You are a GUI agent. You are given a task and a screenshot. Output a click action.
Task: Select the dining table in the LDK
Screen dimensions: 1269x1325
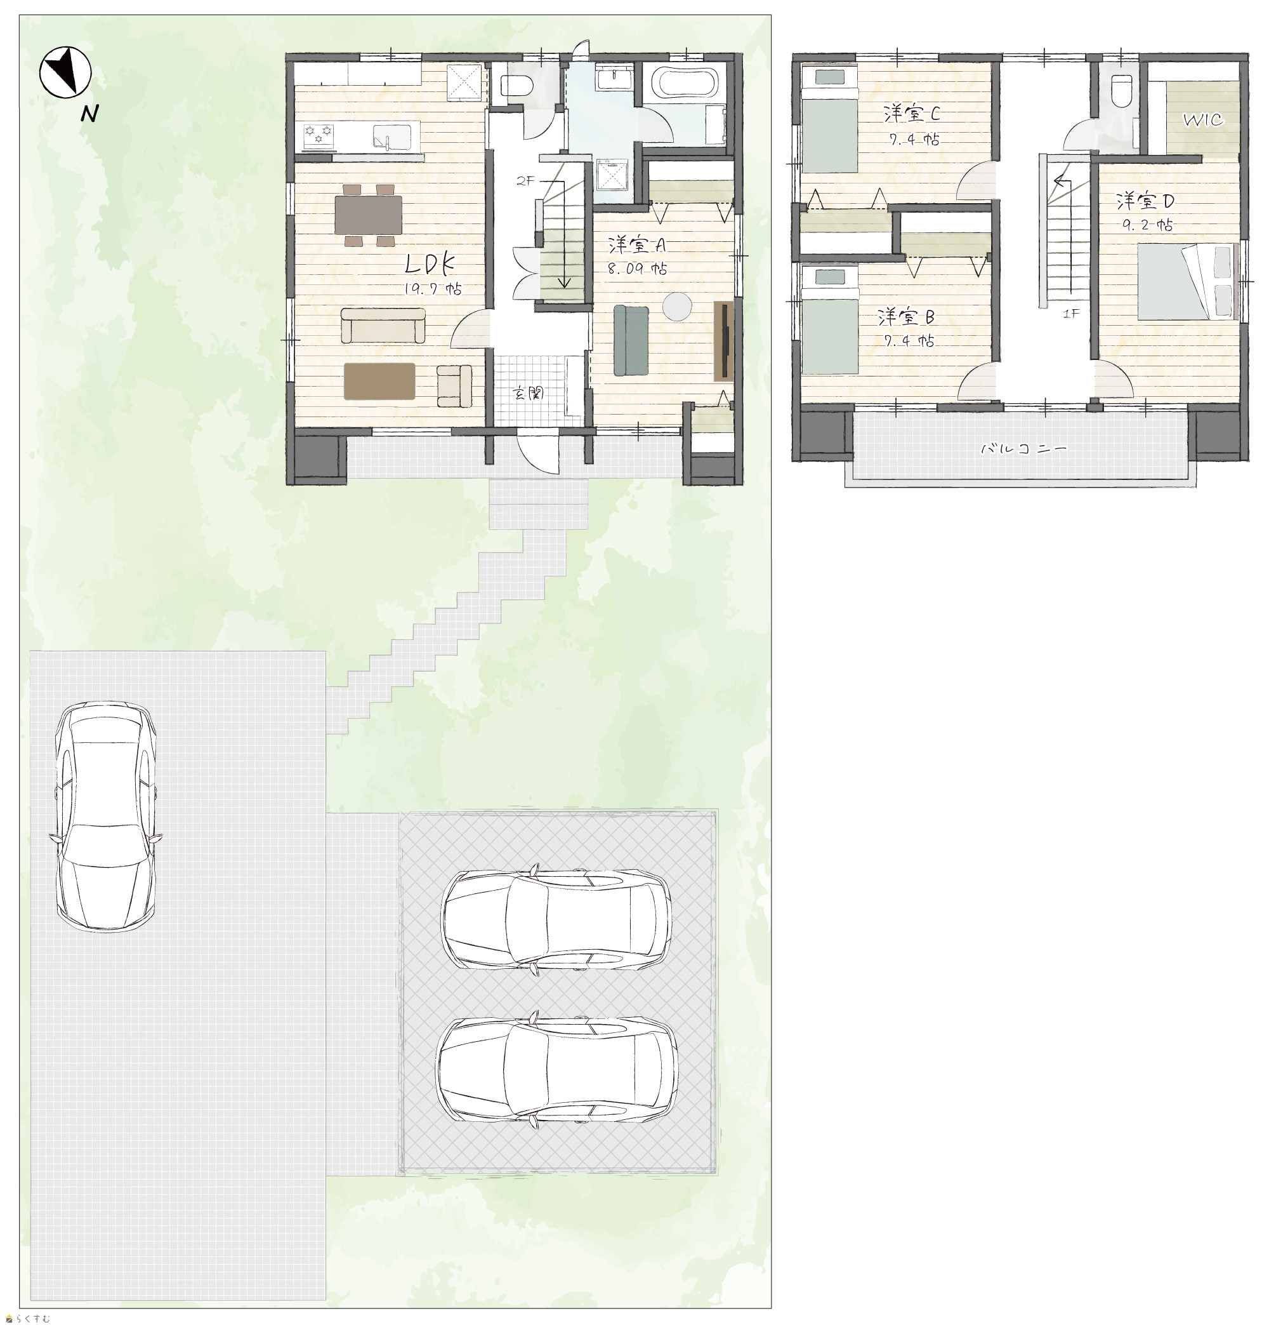(x=368, y=215)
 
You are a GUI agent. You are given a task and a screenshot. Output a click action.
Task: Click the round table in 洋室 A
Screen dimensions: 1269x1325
(x=676, y=306)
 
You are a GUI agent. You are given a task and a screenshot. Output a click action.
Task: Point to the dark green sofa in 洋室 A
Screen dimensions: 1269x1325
(x=631, y=340)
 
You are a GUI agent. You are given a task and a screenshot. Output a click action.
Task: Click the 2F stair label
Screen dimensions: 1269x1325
(x=525, y=181)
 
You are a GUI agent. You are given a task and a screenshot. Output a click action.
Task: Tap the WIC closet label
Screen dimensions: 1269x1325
(x=1203, y=119)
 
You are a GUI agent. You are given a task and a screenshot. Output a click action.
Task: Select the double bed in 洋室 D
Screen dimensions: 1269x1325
(x=1188, y=282)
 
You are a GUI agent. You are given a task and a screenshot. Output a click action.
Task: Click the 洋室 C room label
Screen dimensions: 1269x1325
(x=912, y=114)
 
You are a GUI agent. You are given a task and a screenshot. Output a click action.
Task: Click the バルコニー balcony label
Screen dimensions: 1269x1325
(x=1023, y=448)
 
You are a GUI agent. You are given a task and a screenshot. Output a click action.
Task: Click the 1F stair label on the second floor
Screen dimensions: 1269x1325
(x=1070, y=313)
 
